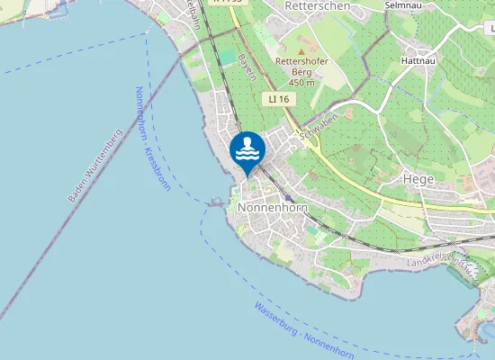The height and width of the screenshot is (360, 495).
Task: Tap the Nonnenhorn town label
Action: [x=272, y=207]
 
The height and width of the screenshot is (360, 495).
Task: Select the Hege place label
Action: [x=419, y=179]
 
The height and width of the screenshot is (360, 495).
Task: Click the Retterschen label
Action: [x=310, y=5]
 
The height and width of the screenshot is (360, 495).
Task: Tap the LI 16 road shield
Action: [x=277, y=98]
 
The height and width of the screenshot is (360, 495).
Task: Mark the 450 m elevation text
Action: [x=301, y=83]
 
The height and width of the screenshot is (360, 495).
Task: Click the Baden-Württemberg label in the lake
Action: [x=94, y=165]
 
